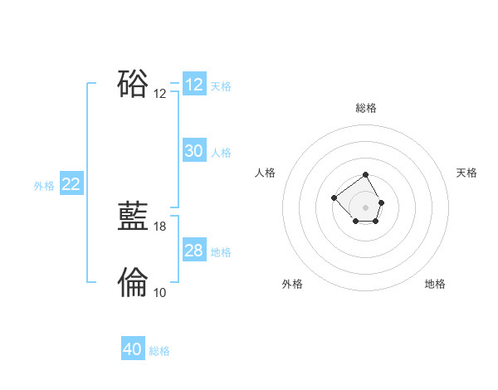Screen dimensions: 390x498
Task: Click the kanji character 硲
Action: pos(133,84)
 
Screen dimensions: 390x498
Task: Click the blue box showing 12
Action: pos(193,85)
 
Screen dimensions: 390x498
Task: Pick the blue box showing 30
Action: pos(193,151)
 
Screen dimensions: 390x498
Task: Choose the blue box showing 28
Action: pos(193,251)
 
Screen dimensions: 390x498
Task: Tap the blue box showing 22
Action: pos(71,184)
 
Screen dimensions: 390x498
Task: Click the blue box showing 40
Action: pos(133,349)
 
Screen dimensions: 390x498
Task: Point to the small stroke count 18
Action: pos(160,226)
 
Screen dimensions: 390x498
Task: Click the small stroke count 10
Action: pos(160,292)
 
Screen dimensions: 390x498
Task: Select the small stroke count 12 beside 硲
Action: pos(160,94)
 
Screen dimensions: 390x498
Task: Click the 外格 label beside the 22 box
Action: pos(44,186)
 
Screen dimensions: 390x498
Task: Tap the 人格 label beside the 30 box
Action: pos(221,153)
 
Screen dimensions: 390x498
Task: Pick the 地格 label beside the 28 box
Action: pos(221,252)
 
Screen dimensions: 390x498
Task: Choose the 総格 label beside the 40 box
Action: pos(159,351)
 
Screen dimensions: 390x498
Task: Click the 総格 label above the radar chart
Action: pos(366,108)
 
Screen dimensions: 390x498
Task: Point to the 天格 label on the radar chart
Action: pos(466,173)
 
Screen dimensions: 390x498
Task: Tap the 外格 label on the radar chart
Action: pos(292,284)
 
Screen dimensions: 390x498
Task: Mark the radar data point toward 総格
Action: pos(366,176)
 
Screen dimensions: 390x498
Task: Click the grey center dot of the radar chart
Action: pos(366,207)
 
